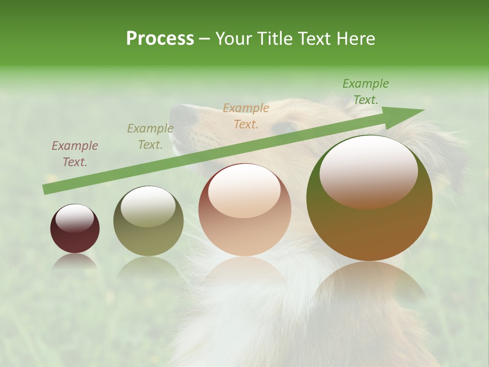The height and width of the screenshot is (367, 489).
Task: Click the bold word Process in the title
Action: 160,39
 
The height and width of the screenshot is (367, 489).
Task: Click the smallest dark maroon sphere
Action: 75,229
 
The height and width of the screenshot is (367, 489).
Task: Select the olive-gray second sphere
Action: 148,221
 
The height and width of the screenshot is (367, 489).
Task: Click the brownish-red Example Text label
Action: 75,154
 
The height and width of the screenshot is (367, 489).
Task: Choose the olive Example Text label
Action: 150,137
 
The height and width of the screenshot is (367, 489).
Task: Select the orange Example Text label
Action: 246,116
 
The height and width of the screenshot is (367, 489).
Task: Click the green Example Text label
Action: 366,92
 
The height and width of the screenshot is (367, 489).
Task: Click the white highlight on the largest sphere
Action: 368,171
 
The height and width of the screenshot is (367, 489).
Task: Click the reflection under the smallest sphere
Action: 75,261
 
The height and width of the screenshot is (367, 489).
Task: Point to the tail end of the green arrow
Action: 46,190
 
